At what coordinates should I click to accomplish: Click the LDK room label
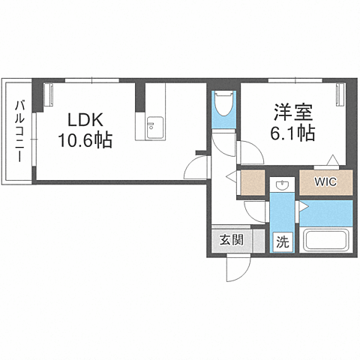(x=85, y=120)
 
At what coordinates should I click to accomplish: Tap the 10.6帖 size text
(x=85, y=140)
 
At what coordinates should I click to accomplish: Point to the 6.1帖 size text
(x=292, y=133)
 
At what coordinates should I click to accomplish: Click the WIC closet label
(x=325, y=182)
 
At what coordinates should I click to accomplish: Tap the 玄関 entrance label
(x=232, y=240)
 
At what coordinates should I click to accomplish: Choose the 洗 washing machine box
(x=283, y=242)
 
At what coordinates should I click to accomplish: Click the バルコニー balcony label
(x=20, y=131)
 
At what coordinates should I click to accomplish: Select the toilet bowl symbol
(x=223, y=104)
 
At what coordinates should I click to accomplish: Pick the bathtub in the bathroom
(x=325, y=241)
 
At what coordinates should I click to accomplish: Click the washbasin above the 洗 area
(x=282, y=184)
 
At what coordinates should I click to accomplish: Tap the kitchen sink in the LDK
(x=154, y=127)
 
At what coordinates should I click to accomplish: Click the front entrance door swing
(x=238, y=268)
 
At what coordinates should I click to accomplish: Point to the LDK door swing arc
(x=196, y=167)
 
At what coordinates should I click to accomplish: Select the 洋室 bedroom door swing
(x=251, y=152)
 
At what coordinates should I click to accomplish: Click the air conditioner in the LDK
(x=49, y=94)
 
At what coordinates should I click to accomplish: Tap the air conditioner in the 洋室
(x=340, y=94)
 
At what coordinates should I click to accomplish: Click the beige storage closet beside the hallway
(x=253, y=182)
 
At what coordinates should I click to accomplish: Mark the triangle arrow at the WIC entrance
(x=333, y=160)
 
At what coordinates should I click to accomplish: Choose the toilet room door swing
(x=223, y=144)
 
